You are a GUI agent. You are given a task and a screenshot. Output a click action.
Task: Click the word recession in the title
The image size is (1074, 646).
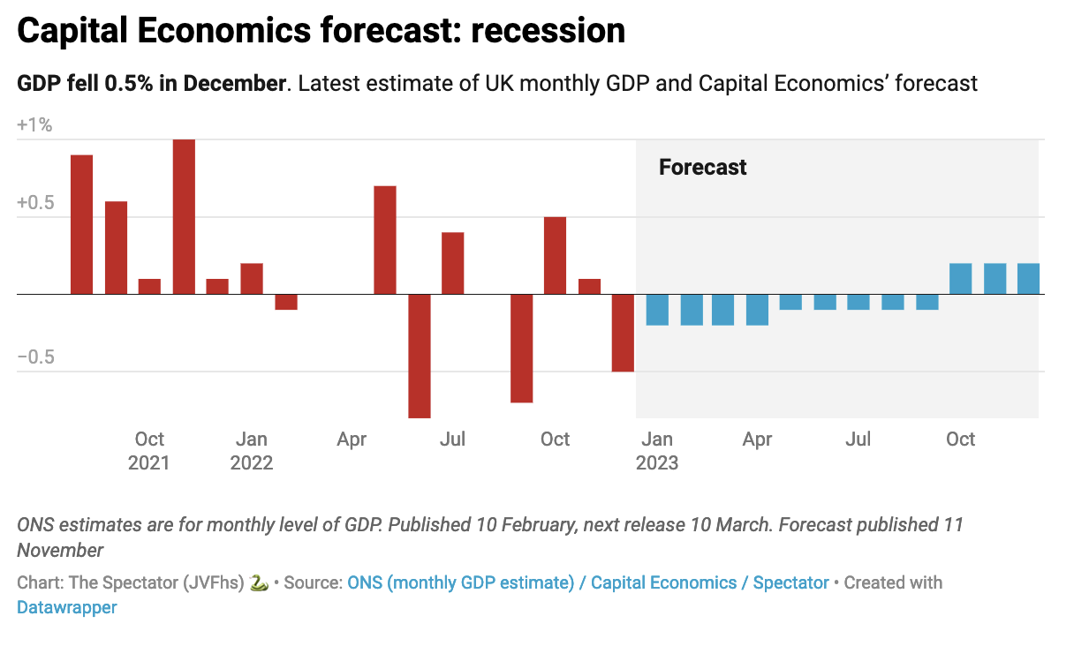click(548, 32)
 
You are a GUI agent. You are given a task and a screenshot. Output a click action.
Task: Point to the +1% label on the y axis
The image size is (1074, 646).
click(34, 124)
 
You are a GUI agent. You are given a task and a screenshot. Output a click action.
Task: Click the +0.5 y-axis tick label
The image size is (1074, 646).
click(34, 202)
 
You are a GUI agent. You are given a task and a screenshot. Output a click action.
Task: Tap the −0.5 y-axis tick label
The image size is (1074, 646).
click(34, 357)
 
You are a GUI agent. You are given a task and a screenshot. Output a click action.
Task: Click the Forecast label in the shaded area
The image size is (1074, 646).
click(702, 167)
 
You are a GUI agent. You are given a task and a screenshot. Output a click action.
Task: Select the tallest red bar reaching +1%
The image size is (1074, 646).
click(184, 216)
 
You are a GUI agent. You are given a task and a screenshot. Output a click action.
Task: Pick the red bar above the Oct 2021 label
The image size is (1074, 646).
click(150, 286)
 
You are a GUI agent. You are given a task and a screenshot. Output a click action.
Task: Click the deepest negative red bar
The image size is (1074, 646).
click(420, 355)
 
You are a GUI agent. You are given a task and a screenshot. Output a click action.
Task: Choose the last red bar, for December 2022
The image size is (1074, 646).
click(624, 332)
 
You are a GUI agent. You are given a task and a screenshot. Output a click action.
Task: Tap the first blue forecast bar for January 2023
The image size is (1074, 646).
click(657, 309)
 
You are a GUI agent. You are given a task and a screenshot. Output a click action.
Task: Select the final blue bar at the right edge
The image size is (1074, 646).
click(1028, 279)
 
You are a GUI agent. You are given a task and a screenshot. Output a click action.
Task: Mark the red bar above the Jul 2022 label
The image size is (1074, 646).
click(453, 263)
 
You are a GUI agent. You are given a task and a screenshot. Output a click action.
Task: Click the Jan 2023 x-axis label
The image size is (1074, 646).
click(657, 450)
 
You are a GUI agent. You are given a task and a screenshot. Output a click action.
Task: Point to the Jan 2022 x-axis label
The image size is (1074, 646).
click(252, 450)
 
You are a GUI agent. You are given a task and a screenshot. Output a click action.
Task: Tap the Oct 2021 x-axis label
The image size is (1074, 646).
click(149, 450)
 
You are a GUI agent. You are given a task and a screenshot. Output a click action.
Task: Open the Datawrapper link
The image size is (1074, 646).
click(66, 607)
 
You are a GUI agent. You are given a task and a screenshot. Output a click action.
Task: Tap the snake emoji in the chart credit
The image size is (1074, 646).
click(259, 582)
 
